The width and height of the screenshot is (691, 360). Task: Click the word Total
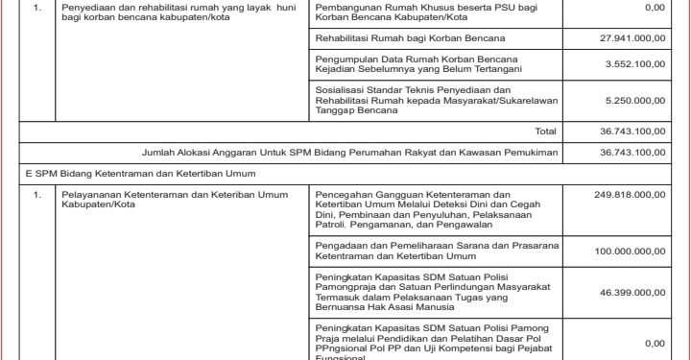[x=545, y=130]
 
